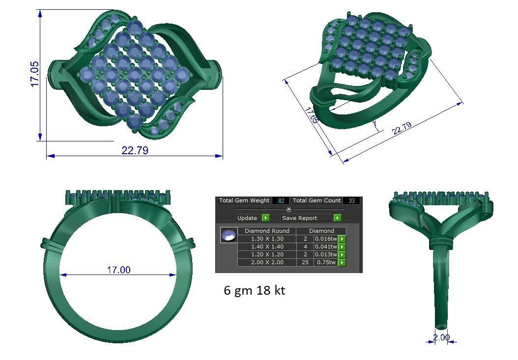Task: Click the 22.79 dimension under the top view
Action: [x=135, y=150]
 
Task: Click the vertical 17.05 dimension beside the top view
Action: [x=35, y=75]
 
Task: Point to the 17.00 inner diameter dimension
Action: [x=119, y=270]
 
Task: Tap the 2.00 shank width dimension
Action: [x=441, y=337]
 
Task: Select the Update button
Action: [x=247, y=218]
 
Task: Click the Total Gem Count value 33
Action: [x=351, y=201]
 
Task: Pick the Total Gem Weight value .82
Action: [x=281, y=201]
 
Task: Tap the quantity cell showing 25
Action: [x=305, y=262]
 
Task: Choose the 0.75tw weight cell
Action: [x=326, y=262]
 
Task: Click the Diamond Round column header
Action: [x=267, y=231]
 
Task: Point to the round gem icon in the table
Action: [x=229, y=235]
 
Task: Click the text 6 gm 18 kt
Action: [x=254, y=290]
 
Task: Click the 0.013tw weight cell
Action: [x=326, y=254]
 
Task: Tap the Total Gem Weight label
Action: [x=244, y=200]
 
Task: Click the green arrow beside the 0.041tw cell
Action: [x=342, y=247]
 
